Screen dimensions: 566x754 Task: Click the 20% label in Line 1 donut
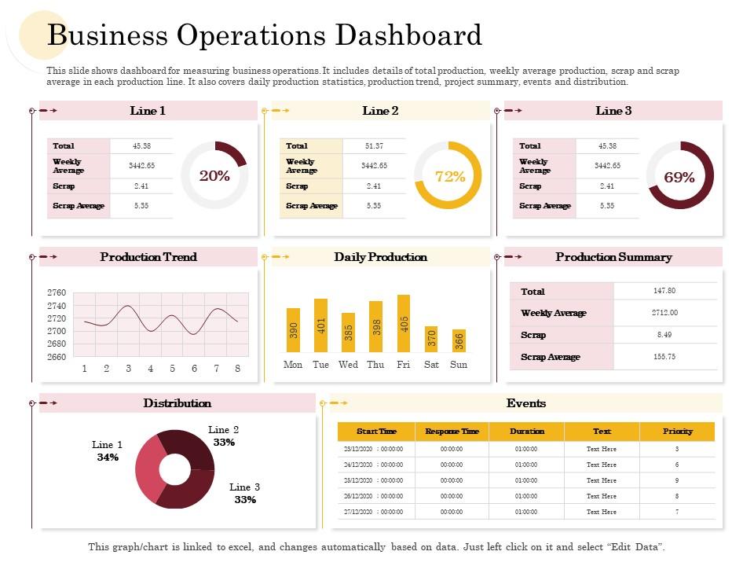(214, 176)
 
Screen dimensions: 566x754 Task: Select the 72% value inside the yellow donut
(449, 177)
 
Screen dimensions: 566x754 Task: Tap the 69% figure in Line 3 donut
(679, 178)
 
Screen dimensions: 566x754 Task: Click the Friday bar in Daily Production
(404, 324)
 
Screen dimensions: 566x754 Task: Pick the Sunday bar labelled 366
(459, 340)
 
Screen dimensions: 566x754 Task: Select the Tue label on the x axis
(320, 365)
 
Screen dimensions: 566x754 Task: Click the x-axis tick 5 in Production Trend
(172, 369)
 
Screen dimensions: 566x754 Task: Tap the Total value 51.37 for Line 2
(374, 146)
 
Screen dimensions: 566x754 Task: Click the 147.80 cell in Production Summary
(664, 291)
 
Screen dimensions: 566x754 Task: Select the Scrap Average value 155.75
(664, 357)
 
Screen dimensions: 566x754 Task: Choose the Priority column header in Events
(677, 432)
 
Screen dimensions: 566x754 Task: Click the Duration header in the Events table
(526, 432)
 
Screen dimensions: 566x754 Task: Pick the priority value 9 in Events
(677, 480)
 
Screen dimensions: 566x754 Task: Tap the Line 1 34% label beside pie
(108, 451)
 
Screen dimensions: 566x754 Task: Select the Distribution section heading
(177, 403)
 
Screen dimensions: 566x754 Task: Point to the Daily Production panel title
(380, 257)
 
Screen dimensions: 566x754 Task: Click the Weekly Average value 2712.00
(664, 313)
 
